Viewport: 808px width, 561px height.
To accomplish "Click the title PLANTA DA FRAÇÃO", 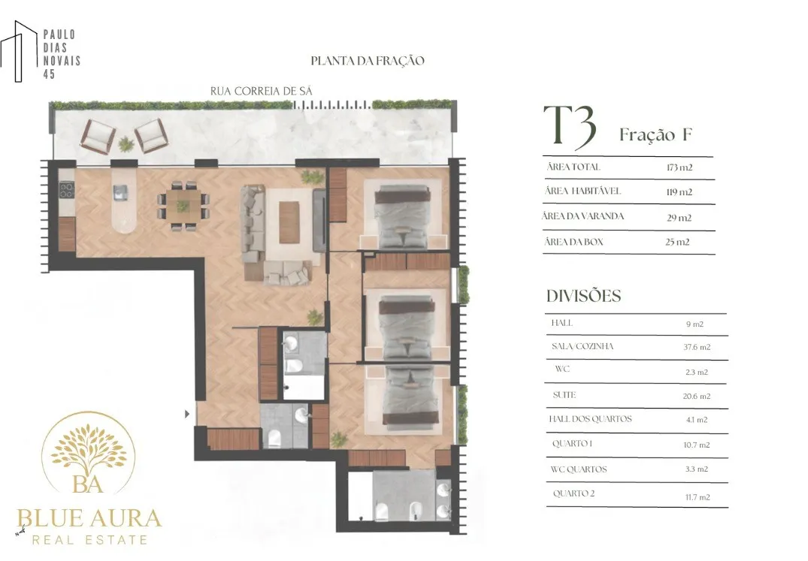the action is tap(368, 61).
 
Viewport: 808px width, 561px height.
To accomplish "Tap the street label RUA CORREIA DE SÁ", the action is tap(262, 91).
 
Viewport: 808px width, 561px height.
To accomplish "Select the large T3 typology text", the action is tap(570, 125).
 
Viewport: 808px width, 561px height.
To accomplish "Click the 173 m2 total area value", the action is tap(679, 167).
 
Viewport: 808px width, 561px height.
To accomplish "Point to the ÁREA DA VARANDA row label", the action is tap(583, 216).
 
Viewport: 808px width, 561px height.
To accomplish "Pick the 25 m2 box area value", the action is tap(677, 242).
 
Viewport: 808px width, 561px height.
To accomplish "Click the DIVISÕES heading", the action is tap(584, 296).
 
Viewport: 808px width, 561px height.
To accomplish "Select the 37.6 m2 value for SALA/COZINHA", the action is tap(697, 347).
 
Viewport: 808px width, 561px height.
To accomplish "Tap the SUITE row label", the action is tap(564, 395).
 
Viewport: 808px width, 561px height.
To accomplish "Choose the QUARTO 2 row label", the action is tap(573, 493).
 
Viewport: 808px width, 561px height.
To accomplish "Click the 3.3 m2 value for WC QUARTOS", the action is tap(697, 469).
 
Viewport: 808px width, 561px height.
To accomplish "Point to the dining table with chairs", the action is tap(183, 206).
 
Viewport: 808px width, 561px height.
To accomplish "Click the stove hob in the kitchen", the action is tap(66, 190).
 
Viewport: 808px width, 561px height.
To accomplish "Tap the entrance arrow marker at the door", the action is tap(187, 414).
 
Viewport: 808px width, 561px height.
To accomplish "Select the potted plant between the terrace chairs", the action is tap(126, 144).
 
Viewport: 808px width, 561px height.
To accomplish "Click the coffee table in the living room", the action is tap(289, 222).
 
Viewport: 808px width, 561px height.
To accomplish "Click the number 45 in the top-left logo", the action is tap(49, 74).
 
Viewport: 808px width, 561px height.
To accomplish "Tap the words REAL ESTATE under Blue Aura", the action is tap(89, 540).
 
